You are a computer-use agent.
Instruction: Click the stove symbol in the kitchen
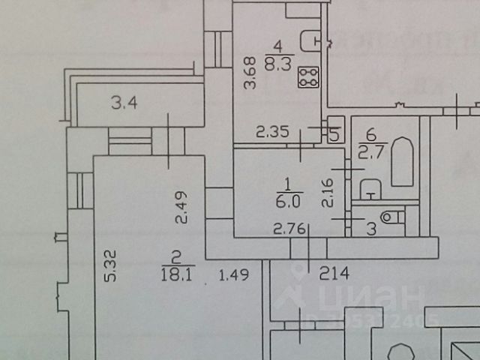tap(307, 76)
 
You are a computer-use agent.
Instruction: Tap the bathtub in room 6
tap(402, 160)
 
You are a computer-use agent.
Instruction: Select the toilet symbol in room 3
tap(391, 217)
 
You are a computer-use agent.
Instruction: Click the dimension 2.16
tap(327, 192)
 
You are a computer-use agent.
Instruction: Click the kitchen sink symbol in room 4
tap(308, 37)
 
